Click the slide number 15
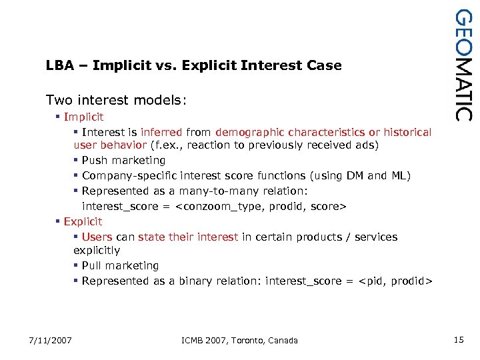point(458,340)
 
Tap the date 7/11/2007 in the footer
point(50,341)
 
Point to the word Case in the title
point(325,65)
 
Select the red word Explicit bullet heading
point(83,221)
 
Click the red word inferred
point(162,133)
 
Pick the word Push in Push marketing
point(95,161)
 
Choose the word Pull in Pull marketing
point(93,266)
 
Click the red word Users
point(97,237)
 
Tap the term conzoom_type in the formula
point(215,207)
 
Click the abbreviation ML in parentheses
point(398,176)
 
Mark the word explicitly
point(97,251)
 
